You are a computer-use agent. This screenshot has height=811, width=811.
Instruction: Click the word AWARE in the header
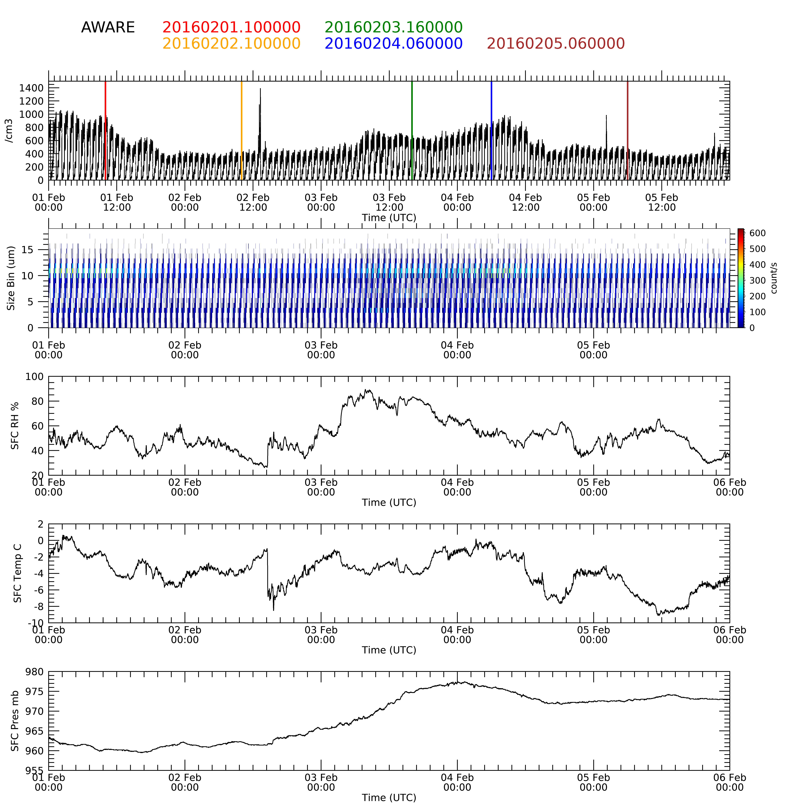(108, 28)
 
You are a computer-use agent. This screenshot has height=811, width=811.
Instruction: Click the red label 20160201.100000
(231, 28)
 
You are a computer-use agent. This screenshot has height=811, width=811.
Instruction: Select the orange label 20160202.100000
(231, 44)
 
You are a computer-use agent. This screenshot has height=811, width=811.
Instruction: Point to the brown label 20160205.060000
(556, 44)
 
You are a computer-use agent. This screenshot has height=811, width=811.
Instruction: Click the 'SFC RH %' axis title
(15, 426)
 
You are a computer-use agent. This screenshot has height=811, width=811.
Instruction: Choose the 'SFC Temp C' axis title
(17, 573)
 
